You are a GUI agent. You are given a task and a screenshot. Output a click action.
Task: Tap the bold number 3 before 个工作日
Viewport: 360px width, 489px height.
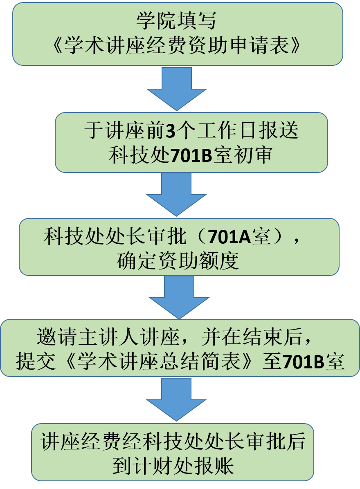(170, 131)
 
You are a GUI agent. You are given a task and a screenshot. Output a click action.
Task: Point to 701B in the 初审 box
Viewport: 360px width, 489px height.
(191, 156)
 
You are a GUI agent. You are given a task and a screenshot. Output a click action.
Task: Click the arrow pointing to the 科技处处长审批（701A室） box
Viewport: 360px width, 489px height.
(177, 194)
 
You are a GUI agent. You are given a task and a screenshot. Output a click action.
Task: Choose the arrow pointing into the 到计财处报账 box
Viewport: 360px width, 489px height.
(177, 399)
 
